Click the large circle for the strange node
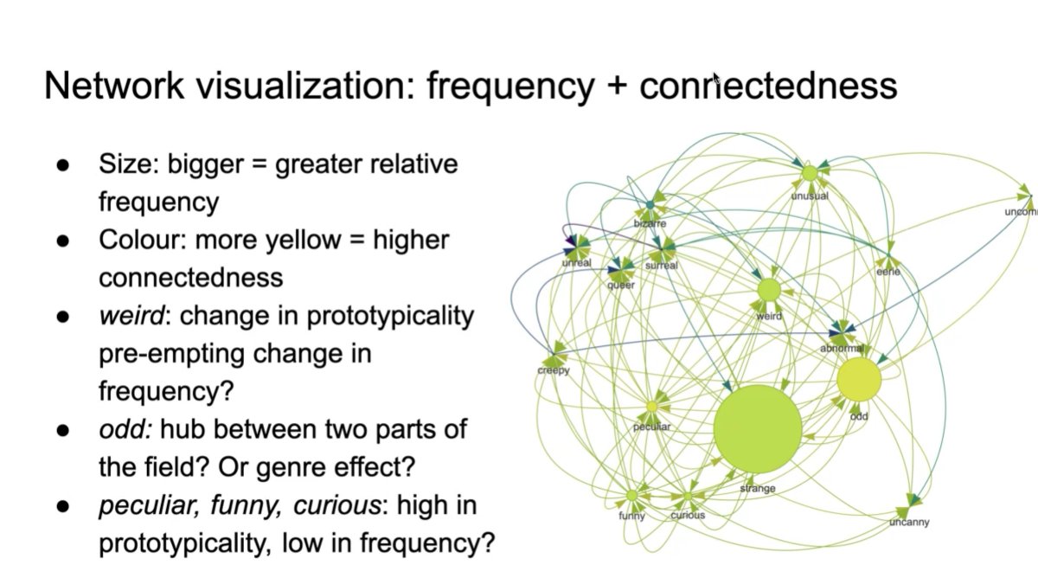tap(758, 430)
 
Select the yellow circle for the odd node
tap(859, 379)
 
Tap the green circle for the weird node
tap(769, 291)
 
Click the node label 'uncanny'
tap(909, 523)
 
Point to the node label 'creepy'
tap(554, 371)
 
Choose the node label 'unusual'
tap(810, 196)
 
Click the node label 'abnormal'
tap(842, 348)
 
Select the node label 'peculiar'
tap(651, 427)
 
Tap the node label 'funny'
tap(631, 517)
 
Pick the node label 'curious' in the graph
tap(688, 515)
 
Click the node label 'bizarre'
tap(650, 223)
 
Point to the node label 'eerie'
tap(887, 272)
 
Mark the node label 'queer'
tap(621, 285)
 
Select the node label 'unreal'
tap(576, 262)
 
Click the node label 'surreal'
tap(662, 266)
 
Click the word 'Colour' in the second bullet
tap(140, 240)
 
